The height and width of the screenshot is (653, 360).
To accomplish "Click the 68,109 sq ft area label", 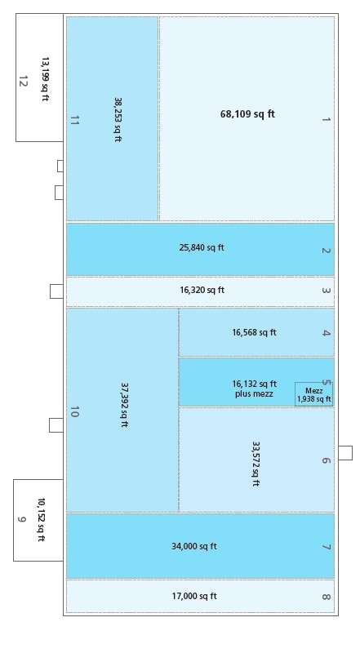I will tap(247, 114).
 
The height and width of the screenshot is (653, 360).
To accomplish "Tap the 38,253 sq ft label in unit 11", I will tap(118, 120).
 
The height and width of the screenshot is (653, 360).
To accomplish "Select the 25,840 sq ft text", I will tap(202, 247).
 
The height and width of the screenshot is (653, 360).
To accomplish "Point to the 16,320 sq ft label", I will tap(202, 290).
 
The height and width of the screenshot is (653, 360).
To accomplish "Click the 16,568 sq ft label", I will tap(254, 332).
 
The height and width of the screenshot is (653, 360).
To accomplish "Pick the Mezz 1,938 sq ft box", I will tap(313, 395).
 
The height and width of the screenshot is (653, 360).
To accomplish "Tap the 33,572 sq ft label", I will tap(256, 464).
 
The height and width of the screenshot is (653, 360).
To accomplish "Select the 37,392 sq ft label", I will tap(124, 405).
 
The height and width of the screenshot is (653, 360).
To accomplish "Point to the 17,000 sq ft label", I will tap(194, 596).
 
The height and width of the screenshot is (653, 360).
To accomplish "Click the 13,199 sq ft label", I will tap(45, 79).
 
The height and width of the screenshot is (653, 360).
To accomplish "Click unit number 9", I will tap(21, 519).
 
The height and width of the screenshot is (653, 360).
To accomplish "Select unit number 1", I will tap(326, 119).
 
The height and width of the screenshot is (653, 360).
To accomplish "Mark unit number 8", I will tap(326, 597).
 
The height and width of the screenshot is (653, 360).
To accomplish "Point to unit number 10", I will tap(74, 412).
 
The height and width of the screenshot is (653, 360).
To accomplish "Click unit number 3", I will tap(326, 291).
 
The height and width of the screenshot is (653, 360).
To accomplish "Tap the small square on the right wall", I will tap(345, 452).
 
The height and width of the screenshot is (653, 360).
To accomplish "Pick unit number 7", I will tap(326, 547).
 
